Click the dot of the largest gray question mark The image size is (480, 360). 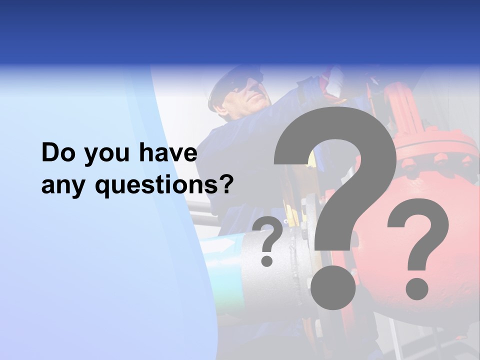[333, 287]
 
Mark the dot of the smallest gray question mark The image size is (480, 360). [267, 260]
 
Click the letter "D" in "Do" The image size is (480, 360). [50, 153]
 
